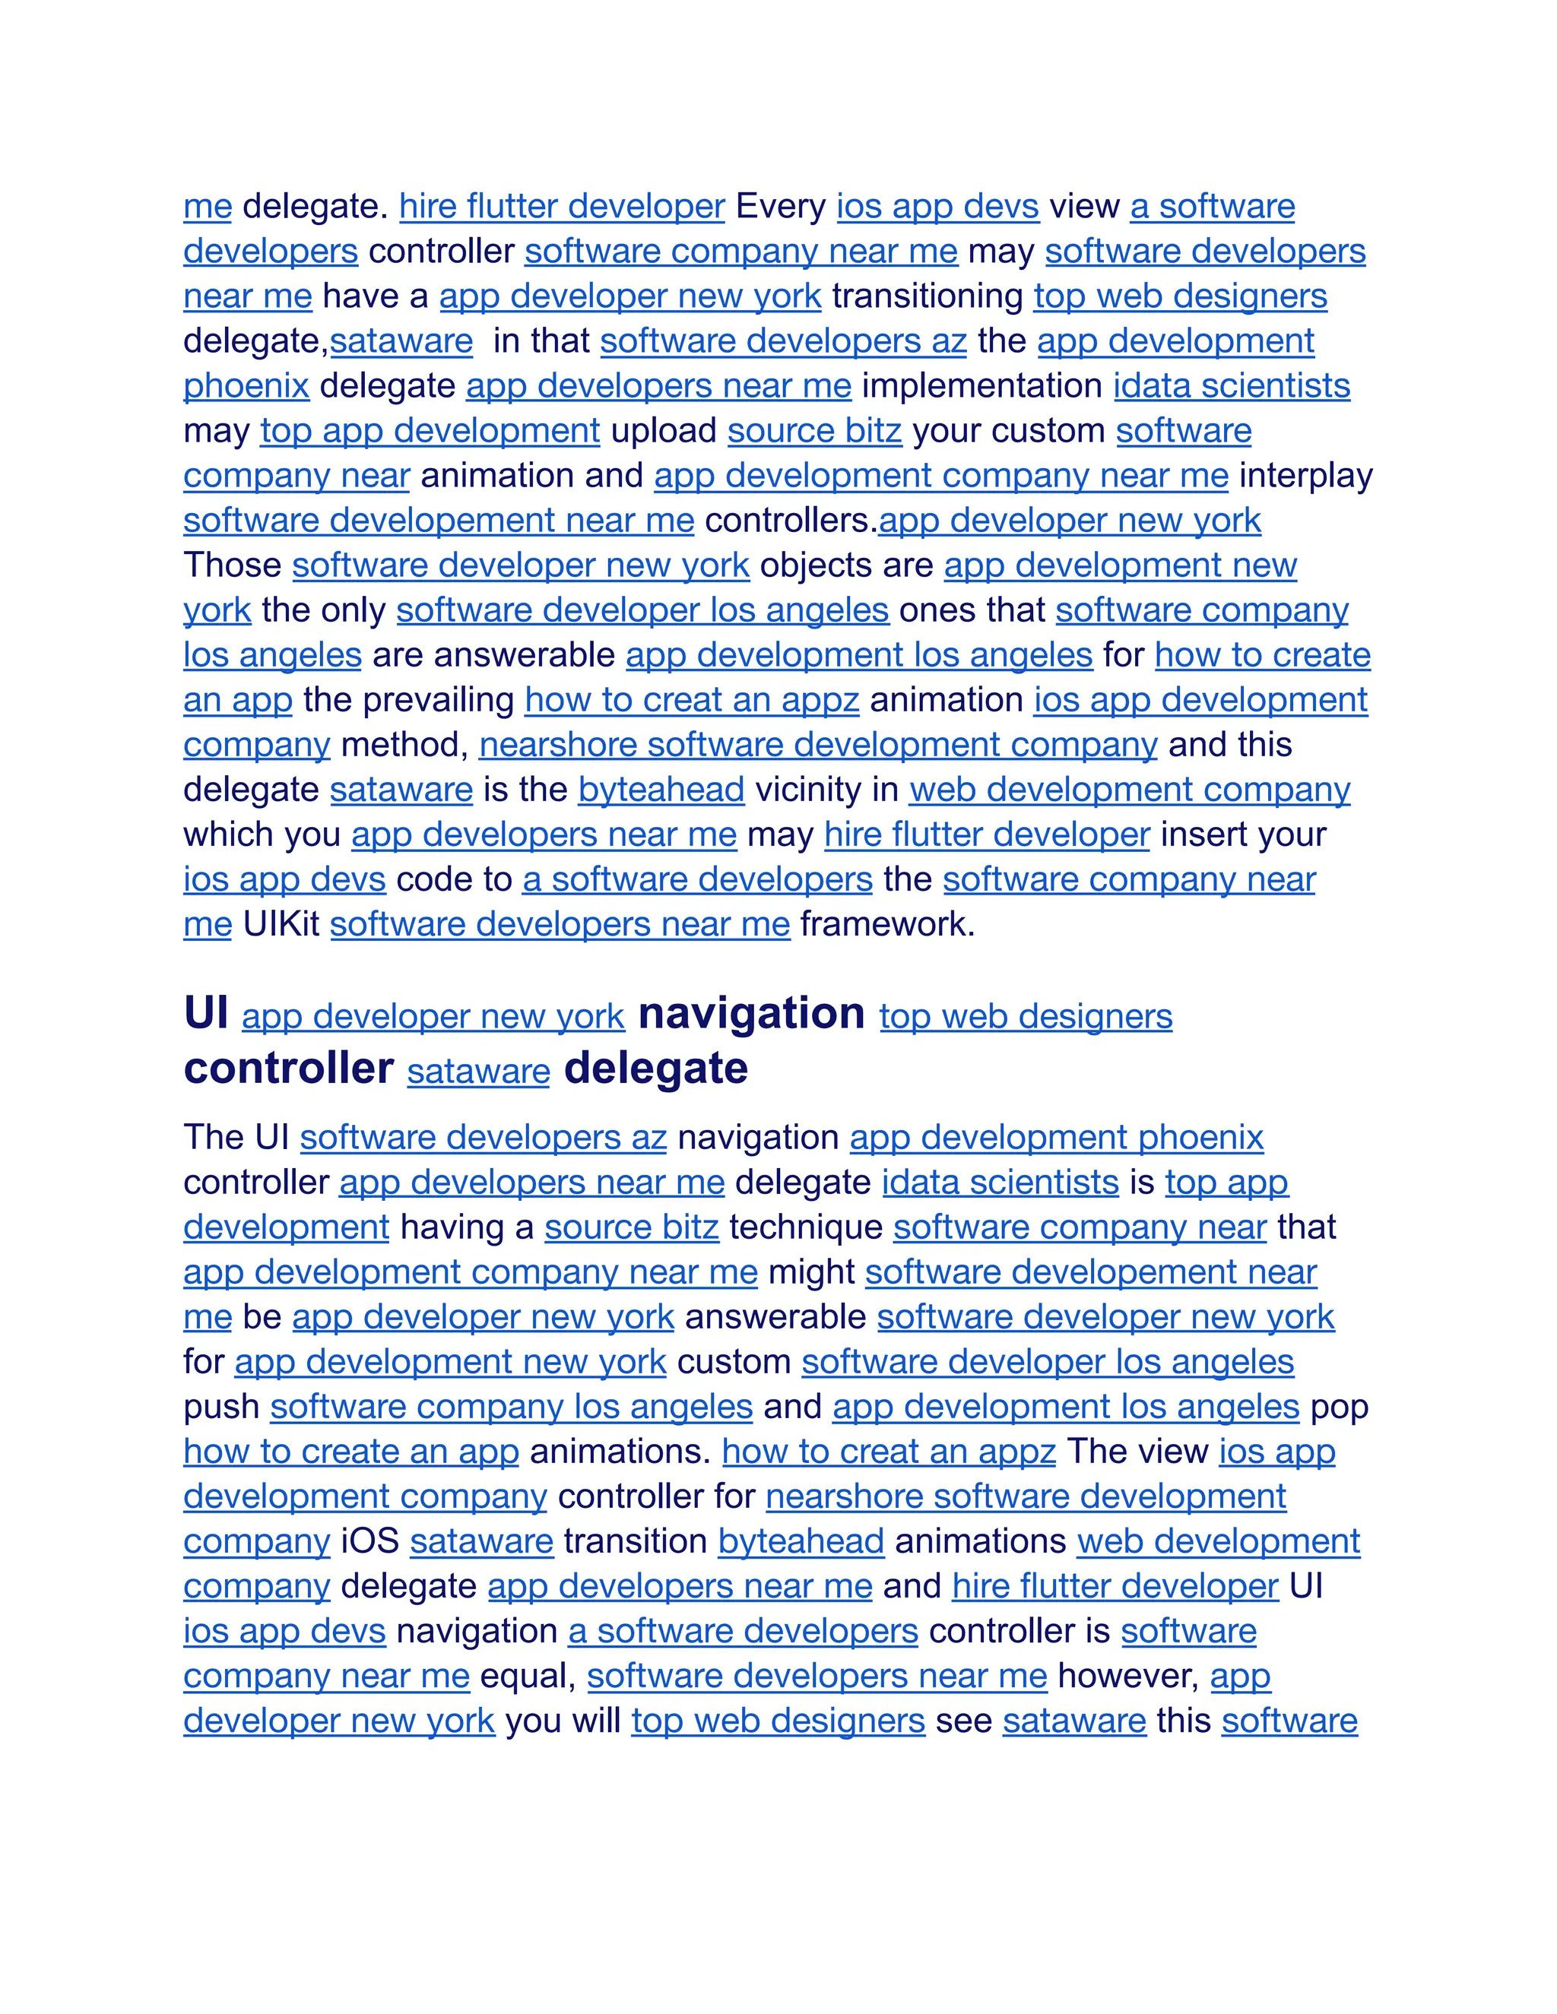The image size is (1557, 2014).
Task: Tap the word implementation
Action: coord(981,385)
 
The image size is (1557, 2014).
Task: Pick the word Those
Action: coord(233,565)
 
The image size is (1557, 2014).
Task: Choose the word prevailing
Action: coord(438,700)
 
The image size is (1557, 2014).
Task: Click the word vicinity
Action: coord(826,790)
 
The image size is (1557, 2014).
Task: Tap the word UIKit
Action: coord(281,924)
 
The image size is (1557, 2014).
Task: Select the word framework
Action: coord(886,924)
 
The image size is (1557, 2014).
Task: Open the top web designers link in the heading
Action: coord(1025,1016)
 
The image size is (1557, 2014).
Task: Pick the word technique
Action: coord(805,1227)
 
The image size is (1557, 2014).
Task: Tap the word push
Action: coord(221,1408)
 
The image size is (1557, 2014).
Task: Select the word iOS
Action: coord(369,1542)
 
